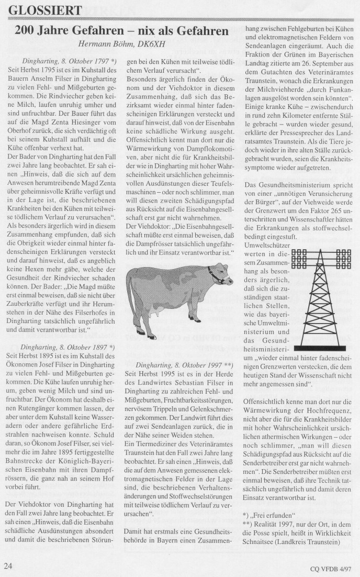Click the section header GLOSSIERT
46,10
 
